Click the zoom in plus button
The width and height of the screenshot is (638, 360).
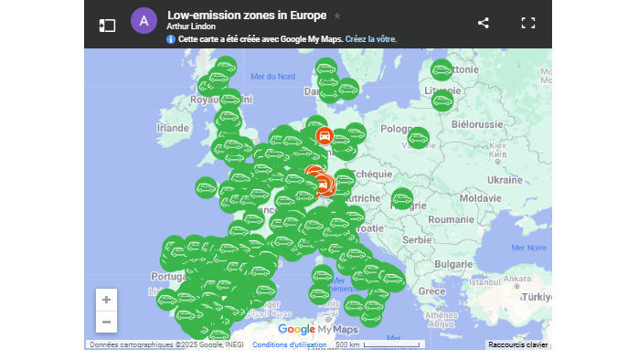pyautogui.click(x=107, y=300)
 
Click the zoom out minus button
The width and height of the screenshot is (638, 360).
pyautogui.click(x=107, y=322)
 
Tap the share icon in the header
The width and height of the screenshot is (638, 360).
pyautogui.click(x=484, y=24)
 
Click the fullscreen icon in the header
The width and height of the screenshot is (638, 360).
pyautogui.click(x=527, y=24)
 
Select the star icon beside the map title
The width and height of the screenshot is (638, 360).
pyautogui.click(x=337, y=16)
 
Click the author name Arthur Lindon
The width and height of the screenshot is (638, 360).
pyautogui.click(x=191, y=27)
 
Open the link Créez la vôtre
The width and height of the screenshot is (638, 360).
pyautogui.click(x=370, y=40)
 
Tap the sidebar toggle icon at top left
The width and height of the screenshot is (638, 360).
pyautogui.click(x=108, y=25)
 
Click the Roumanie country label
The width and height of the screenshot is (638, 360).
pyautogui.click(x=452, y=220)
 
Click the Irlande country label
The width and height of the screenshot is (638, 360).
pyautogui.click(x=172, y=129)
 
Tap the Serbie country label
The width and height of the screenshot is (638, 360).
pyautogui.click(x=417, y=239)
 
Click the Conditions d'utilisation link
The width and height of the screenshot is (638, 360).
pyautogui.click(x=289, y=345)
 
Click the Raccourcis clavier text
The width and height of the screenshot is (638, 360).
pyautogui.click(x=517, y=345)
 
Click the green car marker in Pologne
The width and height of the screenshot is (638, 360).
pyautogui.click(x=418, y=139)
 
